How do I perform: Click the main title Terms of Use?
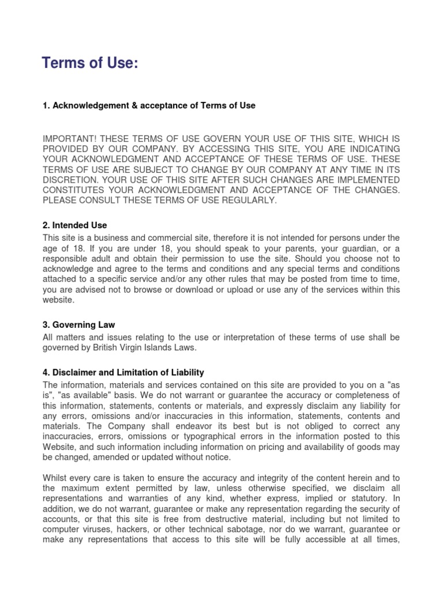coord(90,64)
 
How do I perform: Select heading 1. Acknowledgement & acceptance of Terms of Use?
coord(149,105)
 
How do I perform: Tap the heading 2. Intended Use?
coord(75,225)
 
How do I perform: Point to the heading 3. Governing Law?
coord(79,326)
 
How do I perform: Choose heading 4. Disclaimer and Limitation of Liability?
coord(123,373)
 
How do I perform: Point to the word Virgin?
coord(127,347)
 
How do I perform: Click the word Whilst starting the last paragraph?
coord(56,478)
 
